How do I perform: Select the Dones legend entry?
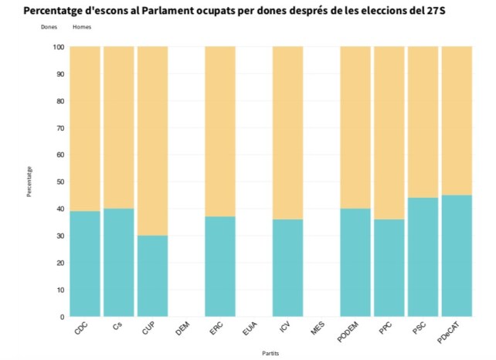click(49, 28)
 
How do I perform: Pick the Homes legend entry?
click(81, 28)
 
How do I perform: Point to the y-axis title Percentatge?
click(29, 181)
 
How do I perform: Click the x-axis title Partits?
click(271, 352)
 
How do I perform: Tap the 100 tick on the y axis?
click(59, 47)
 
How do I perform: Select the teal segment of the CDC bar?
click(85, 263)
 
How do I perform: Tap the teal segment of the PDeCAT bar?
click(456, 256)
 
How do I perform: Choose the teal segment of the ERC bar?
click(220, 267)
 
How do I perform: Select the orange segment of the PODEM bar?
click(355, 127)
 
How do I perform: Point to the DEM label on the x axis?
click(182, 328)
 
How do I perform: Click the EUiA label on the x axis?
click(250, 329)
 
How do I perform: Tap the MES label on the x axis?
click(317, 328)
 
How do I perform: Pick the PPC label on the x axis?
click(385, 328)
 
